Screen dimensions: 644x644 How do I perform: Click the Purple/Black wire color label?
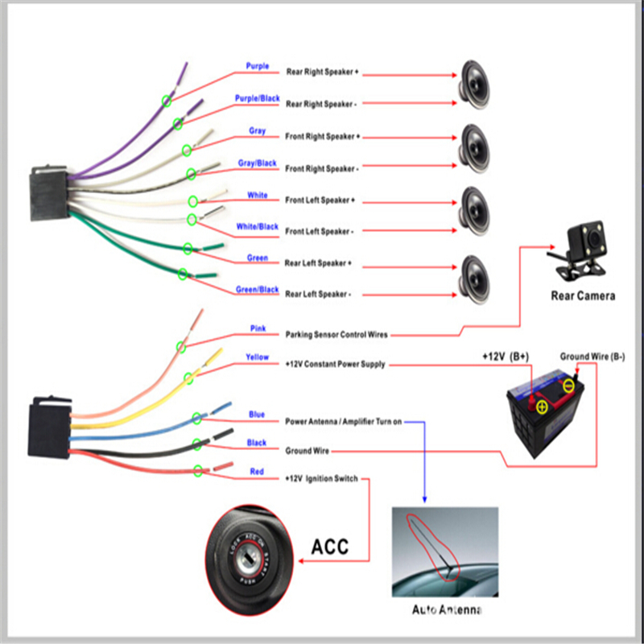tap(257, 98)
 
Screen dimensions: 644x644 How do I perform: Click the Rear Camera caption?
tap(583, 295)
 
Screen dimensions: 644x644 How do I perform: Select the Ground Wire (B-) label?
tap(592, 355)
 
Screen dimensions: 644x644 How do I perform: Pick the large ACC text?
tap(330, 547)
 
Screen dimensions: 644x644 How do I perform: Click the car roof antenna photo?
tap(445, 552)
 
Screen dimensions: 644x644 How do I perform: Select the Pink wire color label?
tap(258, 328)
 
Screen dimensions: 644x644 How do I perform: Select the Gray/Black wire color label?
tap(258, 163)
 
